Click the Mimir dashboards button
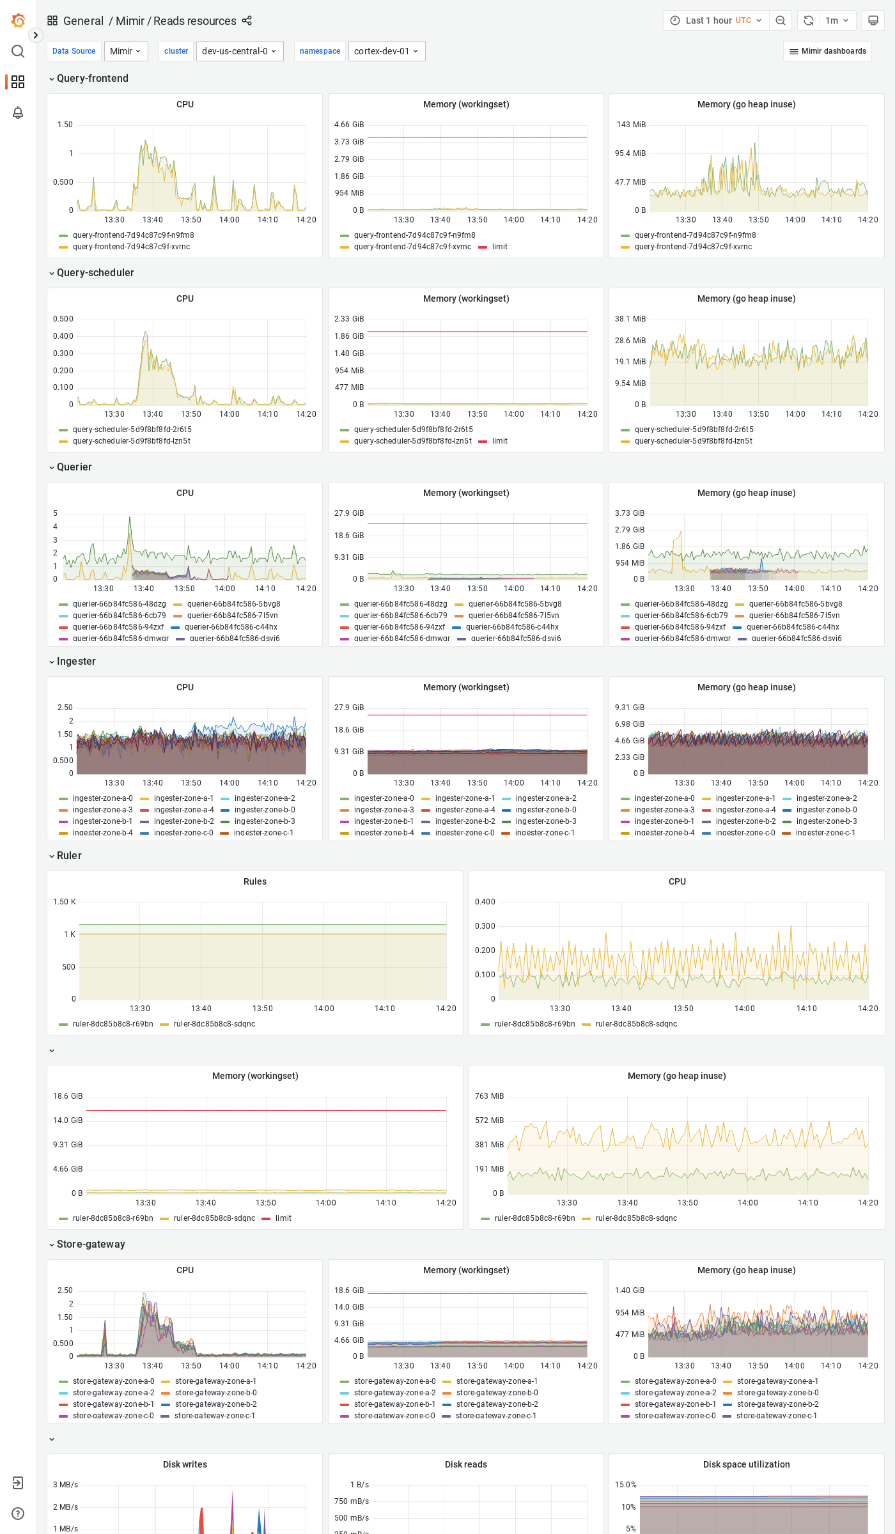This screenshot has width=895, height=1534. pos(827,51)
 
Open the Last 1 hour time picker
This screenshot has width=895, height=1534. pos(716,20)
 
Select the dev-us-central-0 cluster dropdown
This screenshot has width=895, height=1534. pos(239,51)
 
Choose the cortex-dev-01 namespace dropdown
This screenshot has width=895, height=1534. pos(386,51)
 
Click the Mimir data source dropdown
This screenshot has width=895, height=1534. pos(125,51)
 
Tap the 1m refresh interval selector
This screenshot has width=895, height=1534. pos(837,20)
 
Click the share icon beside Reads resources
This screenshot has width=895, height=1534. pos(247,21)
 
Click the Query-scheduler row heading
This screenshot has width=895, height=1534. pos(95,273)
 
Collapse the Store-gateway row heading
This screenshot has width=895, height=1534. pos(91,1244)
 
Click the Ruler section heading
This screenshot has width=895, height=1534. pos(69,856)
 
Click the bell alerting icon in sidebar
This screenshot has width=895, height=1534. pos(18,112)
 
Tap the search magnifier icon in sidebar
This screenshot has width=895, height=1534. pos(18,51)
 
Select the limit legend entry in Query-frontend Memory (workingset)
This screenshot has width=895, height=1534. pos(499,247)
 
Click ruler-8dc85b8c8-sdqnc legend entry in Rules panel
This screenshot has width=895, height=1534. pos(214,1024)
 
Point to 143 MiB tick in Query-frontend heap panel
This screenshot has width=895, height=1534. pos(630,125)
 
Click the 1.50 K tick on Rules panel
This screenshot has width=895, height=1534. pos(64,902)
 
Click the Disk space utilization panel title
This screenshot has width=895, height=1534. pos(746,1464)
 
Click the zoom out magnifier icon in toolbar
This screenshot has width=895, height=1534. pos(781,20)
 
